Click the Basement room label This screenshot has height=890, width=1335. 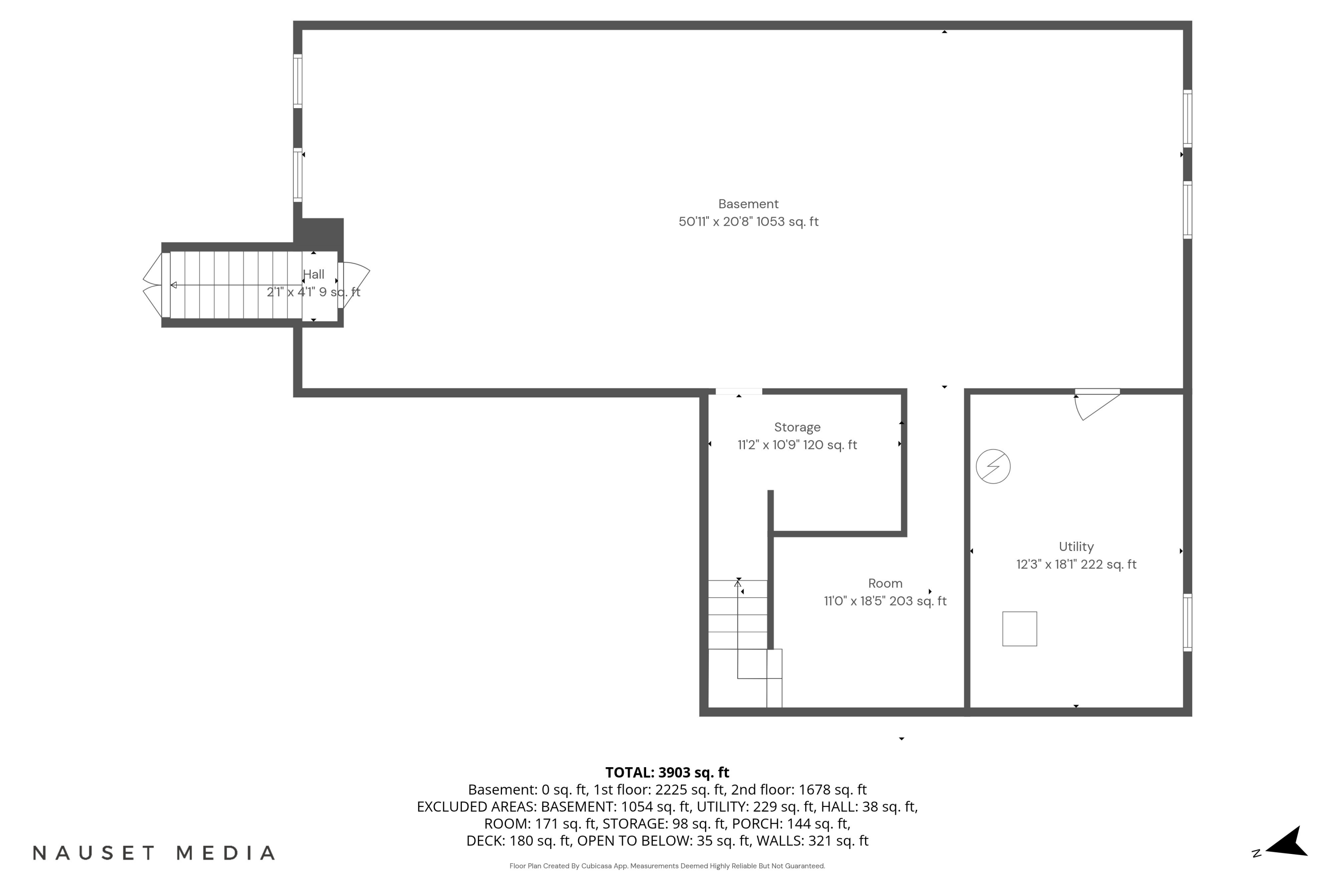(748, 204)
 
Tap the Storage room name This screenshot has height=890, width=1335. (797, 427)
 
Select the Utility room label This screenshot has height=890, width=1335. (1076, 546)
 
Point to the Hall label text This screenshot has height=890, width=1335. (313, 274)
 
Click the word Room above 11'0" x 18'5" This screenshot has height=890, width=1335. (885, 583)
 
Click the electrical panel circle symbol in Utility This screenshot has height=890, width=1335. (993, 466)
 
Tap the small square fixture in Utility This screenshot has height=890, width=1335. (1019, 628)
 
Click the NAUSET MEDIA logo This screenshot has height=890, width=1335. (154, 853)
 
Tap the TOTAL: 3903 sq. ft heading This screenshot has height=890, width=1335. (667, 772)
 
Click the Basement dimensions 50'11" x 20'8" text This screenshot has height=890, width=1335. (715, 221)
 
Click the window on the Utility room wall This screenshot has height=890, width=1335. (1187, 622)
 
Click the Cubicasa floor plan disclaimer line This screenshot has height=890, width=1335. (667, 866)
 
